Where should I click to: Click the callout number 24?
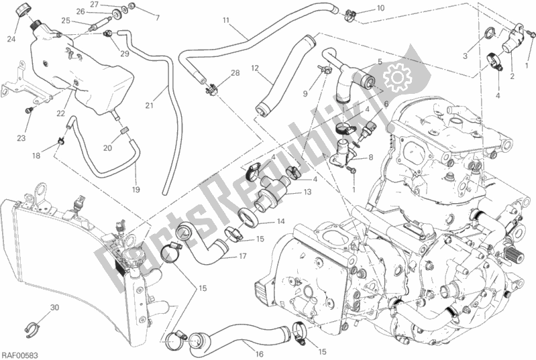pyautogui.click(x=11, y=39)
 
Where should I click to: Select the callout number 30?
pyautogui.click(x=54, y=308)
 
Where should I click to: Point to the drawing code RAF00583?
pyautogui.click(x=20, y=353)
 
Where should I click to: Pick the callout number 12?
pyautogui.click(x=256, y=68)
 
